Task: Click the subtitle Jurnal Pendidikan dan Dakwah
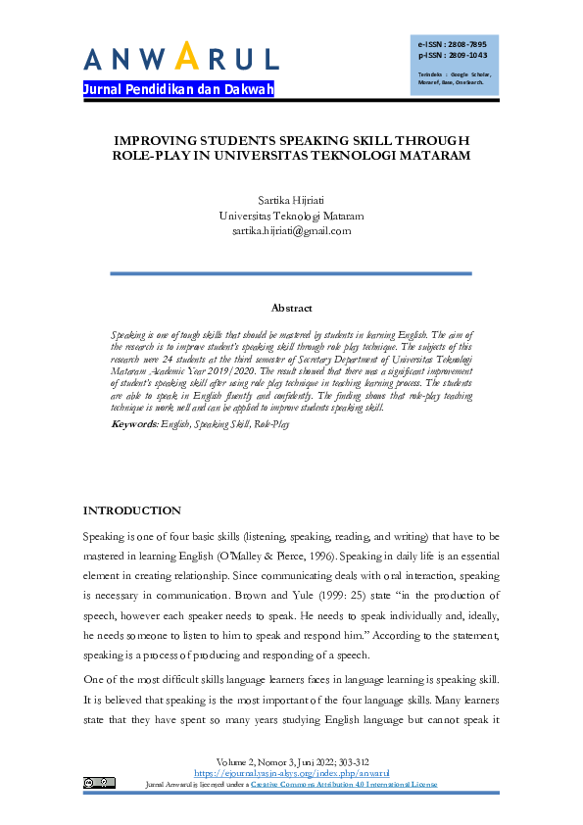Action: (x=178, y=90)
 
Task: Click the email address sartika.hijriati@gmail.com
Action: (x=291, y=231)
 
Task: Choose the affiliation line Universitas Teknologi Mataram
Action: (x=291, y=215)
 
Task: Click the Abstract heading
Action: (x=291, y=308)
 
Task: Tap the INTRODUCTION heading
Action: (x=131, y=510)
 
